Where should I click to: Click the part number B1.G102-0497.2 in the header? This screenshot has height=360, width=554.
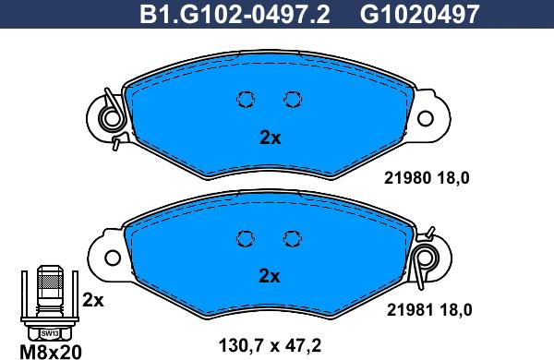[235, 14]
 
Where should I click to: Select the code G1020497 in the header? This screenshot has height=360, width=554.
[420, 14]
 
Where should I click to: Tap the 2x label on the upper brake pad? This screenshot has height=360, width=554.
[271, 138]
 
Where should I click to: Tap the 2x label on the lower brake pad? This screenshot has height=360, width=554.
[270, 276]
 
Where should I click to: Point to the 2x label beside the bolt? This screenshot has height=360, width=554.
[93, 300]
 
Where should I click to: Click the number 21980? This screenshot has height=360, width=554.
[407, 178]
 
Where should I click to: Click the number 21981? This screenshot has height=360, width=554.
[410, 310]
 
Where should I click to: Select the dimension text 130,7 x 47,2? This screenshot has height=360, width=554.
[270, 345]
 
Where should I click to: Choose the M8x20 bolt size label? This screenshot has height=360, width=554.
[51, 352]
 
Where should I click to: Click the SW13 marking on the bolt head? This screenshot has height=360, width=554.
[50, 333]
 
